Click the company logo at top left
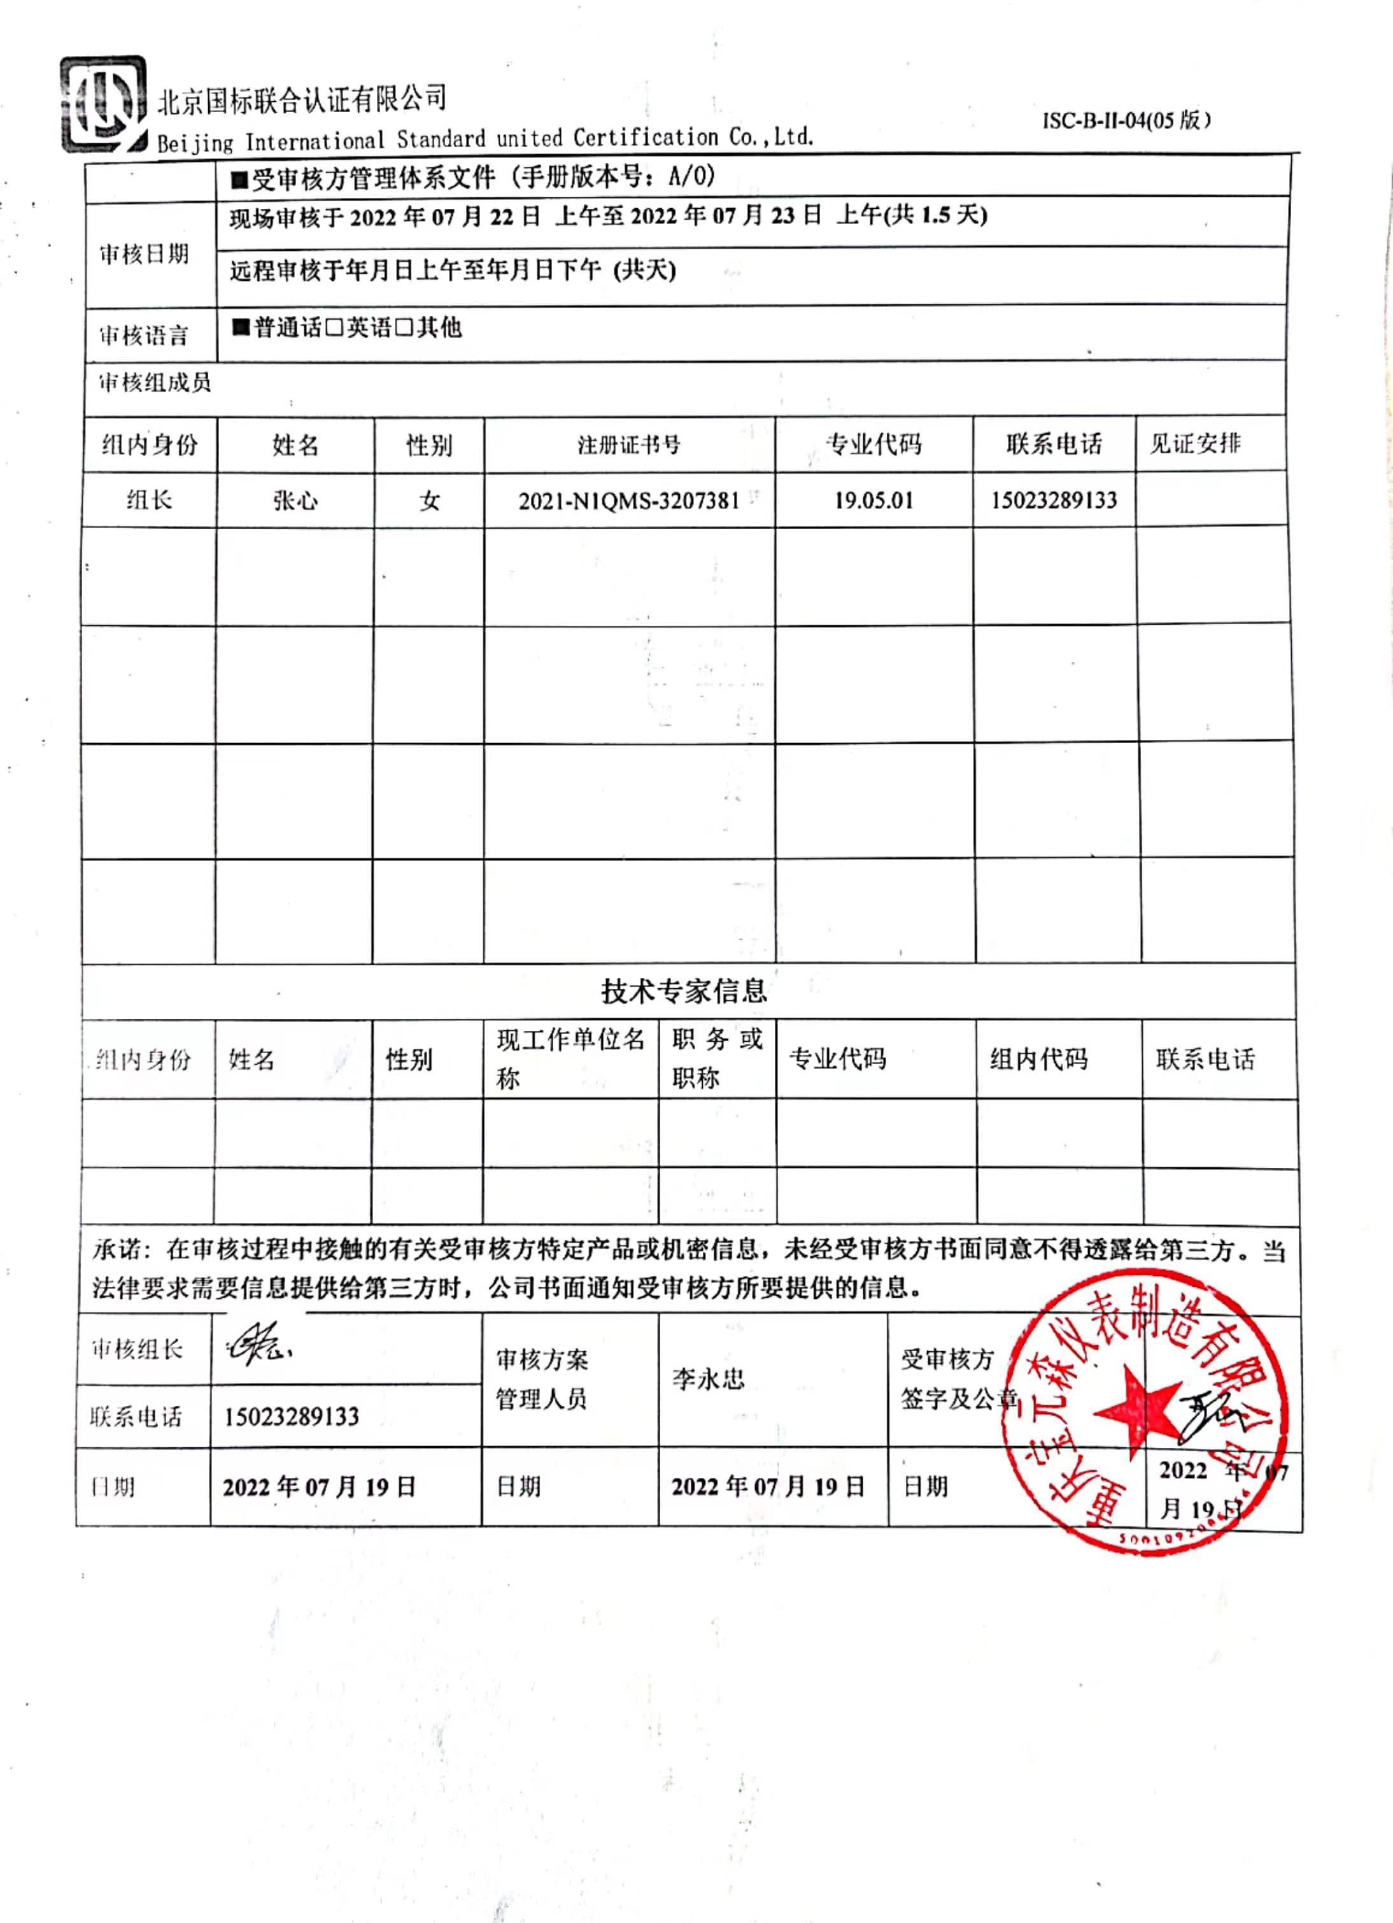pos(103,104)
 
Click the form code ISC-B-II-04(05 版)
pos(1126,120)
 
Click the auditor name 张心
pos(295,500)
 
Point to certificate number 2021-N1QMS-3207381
pos(629,501)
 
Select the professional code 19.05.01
pos(873,500)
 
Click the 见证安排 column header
pos(1194,443)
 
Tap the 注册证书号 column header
pos(629,445)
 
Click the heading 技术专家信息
pos(683,990)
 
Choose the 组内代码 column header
pos(1038,1059)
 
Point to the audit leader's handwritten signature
pos(258,1344)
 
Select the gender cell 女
pos(429,501)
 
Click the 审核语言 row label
pos(143,336)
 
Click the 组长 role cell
pos(149,500)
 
